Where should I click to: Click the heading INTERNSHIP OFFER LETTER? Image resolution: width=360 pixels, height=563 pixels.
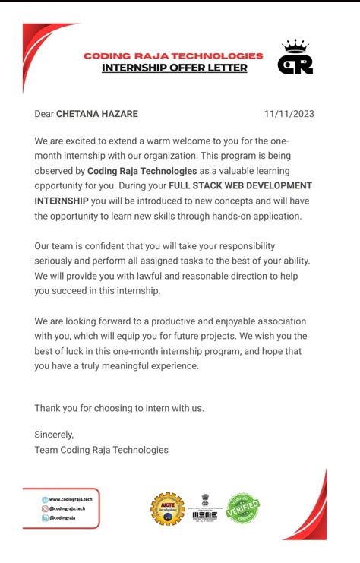[x=175, y=68]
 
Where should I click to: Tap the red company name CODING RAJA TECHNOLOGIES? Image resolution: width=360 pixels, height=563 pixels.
[x=173, y=55]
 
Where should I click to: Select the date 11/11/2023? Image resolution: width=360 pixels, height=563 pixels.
[x=289, y=114]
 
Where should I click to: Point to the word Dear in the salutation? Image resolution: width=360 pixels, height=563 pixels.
[x=44, y=114]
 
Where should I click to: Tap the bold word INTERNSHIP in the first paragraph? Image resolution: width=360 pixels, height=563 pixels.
[x=61, y=201]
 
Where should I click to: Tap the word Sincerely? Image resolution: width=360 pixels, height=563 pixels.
[x=54, y=435]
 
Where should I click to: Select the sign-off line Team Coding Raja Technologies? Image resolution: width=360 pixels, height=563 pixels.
[x=101, y=450]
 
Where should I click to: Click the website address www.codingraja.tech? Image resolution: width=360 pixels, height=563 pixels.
[x=70, y=499]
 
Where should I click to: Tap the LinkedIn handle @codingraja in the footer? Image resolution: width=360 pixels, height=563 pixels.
[x=63, y=517]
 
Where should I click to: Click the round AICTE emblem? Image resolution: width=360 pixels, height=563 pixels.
[x=167, y=509]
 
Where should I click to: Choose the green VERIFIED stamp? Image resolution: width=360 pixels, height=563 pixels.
[x=243, y=508]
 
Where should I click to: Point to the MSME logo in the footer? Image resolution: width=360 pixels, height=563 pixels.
[x=205, y=508]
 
